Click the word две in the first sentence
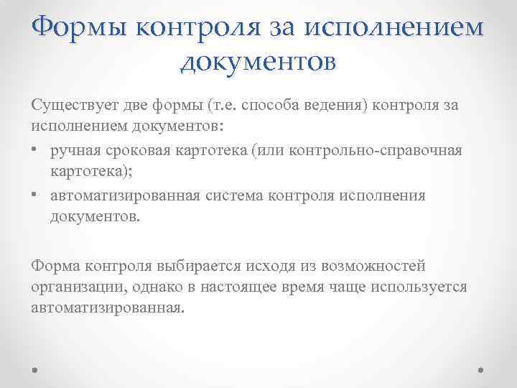(x=139, y=106)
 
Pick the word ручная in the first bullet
(x=77, y=152)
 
